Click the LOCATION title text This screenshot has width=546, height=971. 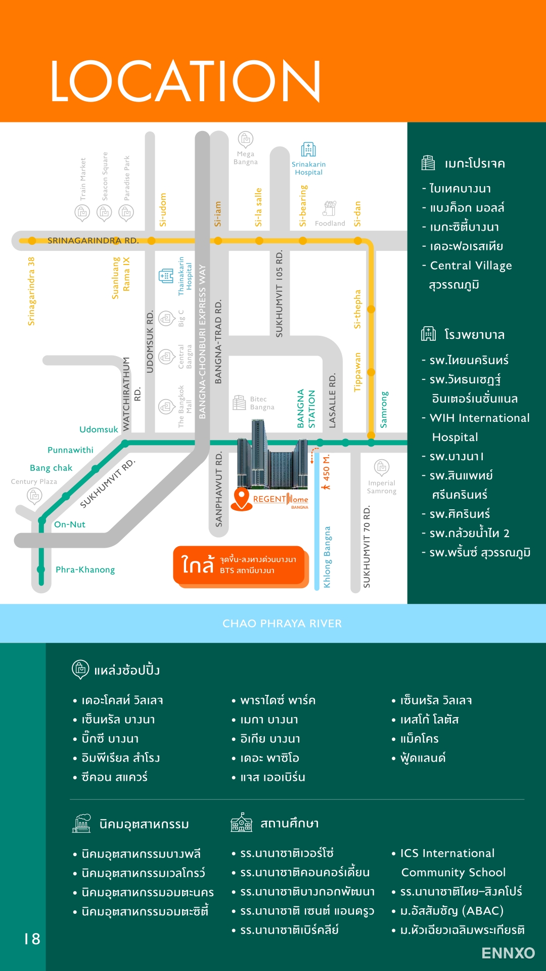(x=185, y=81)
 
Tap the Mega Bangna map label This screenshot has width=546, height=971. (x=246, y=158)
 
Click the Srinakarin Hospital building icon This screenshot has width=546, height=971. (x=308, y=150)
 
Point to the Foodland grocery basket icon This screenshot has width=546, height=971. (x=330, y=208)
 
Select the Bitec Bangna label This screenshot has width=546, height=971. (x=262, y=403)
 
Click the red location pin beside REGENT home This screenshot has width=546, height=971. (x=242, y=498)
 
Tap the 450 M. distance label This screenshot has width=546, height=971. (x=327, y=468)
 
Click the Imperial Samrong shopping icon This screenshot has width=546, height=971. (x=382, y=467)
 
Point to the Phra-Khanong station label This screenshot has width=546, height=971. (x=85, y=569)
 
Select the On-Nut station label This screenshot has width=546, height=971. (x=70, y=524)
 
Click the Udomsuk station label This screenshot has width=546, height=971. (x=99, y=429)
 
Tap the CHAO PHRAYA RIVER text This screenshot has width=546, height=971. (x=282, y=624)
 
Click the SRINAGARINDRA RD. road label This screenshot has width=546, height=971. (x=93, y=241)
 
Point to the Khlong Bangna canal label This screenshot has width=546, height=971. (x=327, y=557)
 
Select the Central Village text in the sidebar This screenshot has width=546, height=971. (x=471, y=266)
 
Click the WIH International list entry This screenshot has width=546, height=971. (x=479, y=418)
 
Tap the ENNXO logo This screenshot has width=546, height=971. (x=508, y=953)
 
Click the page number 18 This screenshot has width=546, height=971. (x=32, y=939)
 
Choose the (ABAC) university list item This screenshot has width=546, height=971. (x=452, y=911)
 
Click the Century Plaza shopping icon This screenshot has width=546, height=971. (x=34, y=496)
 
